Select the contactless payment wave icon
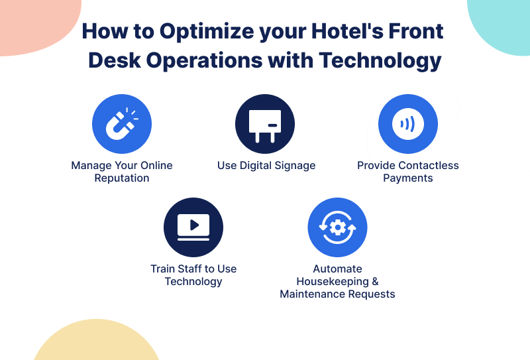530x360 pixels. [x=408, y=124]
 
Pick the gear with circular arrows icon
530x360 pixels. [x=337, y=227]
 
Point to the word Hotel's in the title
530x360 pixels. [x=347, y=31]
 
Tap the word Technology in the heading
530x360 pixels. [x=380, y=62]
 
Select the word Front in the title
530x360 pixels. [x=416, y=31]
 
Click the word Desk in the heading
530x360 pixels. [x=115, y=60]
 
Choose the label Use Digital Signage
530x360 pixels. [x=266, y=166]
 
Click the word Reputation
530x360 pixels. [x=122, y=178]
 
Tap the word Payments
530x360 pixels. [x=408, y=178]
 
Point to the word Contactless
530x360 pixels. [x=429, y=166]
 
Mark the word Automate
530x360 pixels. [x=337, y=269]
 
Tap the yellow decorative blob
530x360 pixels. [x=96, y=341]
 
